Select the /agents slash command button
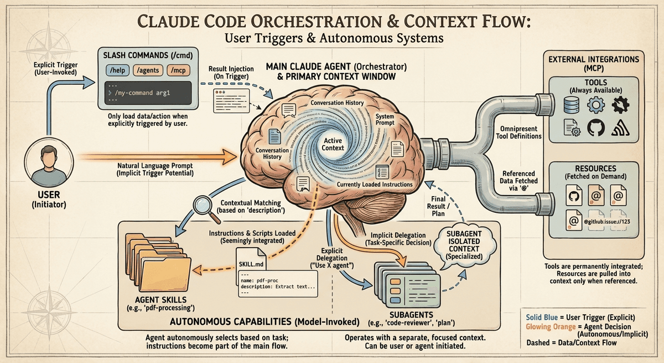pos(147,70)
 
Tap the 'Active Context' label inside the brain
pos(334,144)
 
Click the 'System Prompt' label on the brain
pos(385,120)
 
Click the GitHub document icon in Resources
pos(570,196)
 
